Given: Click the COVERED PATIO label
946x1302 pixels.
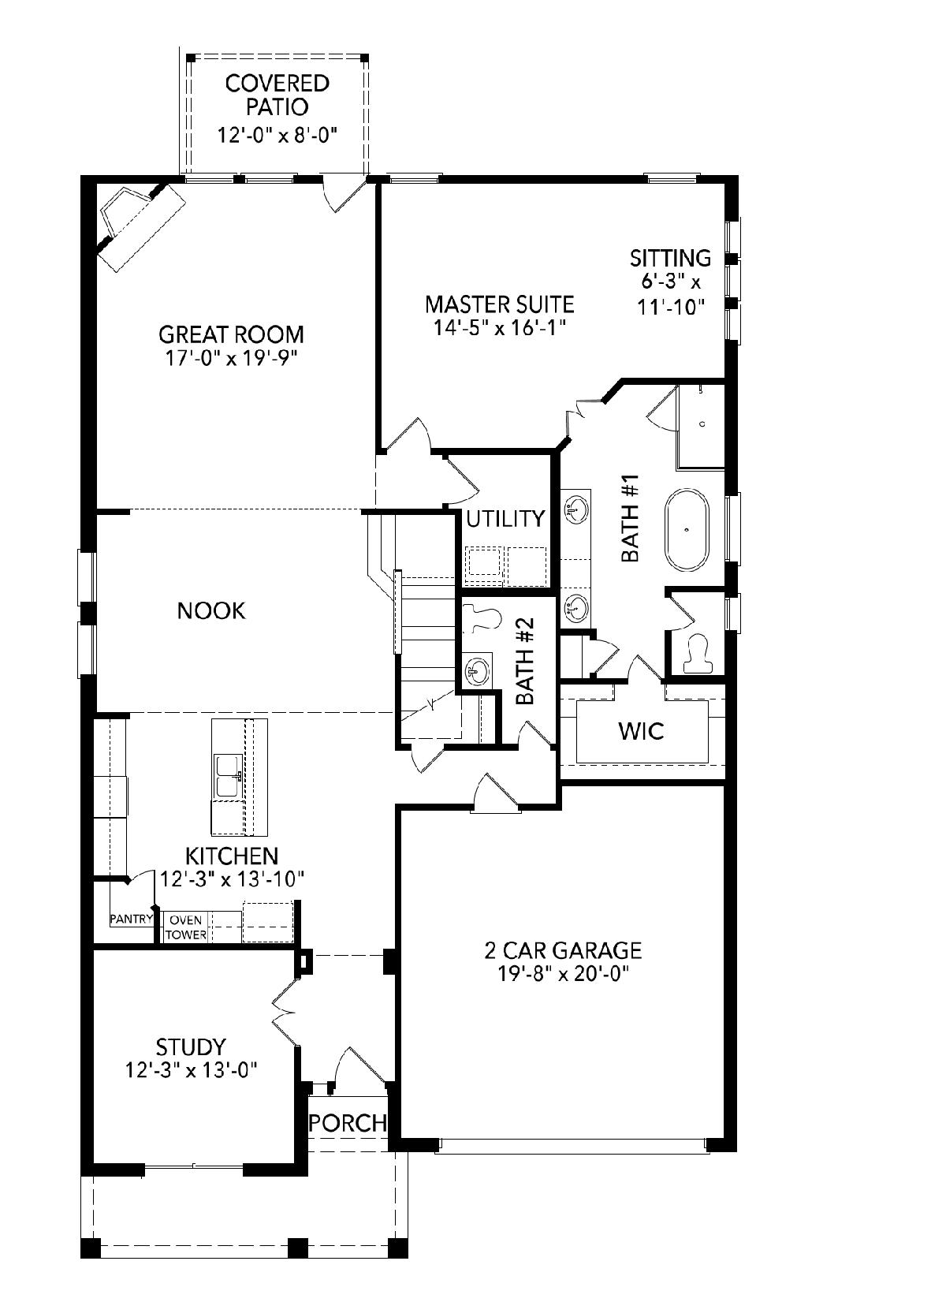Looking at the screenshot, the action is (x=277, y=95).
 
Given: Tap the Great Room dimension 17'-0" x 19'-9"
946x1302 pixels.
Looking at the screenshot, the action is (x=231, y=358).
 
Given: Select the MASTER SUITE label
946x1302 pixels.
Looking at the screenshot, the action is (x=500, y=304).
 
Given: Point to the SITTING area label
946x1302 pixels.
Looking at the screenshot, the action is (x=671, y=258).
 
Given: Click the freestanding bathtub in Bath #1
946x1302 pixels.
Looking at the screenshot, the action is (x=687, y=530).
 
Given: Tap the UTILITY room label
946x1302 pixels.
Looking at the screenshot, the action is (x=505, y=518).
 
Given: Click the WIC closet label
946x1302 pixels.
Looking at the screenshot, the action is (x=642, y=730).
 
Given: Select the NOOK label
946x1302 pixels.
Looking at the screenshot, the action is (x=211, y=610).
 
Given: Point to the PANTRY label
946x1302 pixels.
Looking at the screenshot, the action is (x=132, y=919).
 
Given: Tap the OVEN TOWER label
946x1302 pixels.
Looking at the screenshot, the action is (x=186, y=927).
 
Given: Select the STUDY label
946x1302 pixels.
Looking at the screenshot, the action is (x=191, y=1046).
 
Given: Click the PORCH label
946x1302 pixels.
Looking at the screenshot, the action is (x=348, y=1122).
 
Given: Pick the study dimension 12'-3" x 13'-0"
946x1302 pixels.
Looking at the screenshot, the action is (x=192, y=1069).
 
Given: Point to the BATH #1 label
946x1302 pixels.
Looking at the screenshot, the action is (x=630, y=518).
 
